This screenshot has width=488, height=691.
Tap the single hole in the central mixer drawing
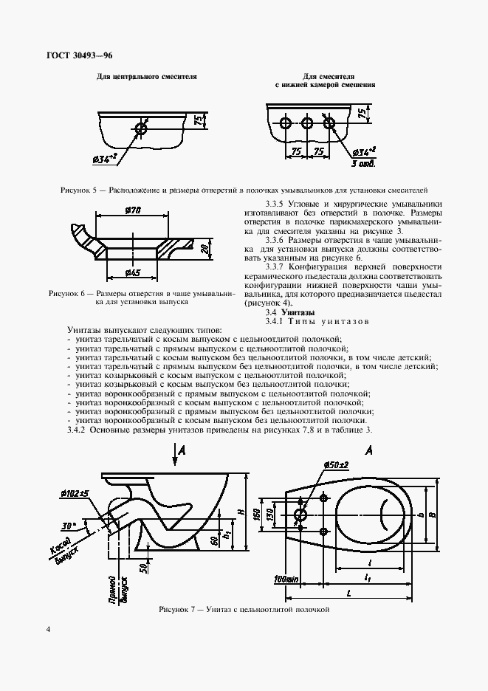[142, 129]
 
